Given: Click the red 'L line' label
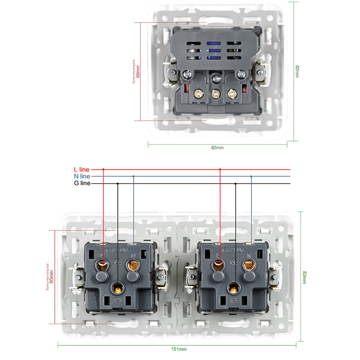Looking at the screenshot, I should point(82,169).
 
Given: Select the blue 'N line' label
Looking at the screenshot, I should point(82,176).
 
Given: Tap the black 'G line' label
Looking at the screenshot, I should point(82,183).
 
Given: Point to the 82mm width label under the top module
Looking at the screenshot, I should point(217,148).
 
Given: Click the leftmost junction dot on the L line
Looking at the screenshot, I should point(103,169).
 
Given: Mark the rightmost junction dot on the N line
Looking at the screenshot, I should point(251,176).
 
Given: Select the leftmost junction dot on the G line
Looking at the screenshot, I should point(118,183).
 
